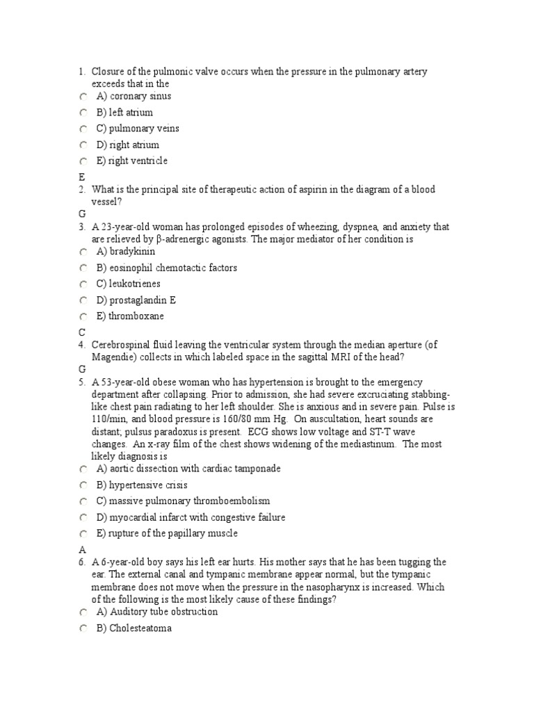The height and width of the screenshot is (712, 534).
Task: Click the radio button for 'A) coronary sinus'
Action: point(83,97)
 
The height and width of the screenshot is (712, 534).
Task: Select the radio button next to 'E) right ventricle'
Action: point(83,161)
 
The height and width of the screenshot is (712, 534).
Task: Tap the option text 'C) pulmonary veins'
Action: point(137,129)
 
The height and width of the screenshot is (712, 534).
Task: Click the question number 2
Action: point(81,190)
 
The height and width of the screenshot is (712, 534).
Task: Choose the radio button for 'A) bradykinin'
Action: point(83,252)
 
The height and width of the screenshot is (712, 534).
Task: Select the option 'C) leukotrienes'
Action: point(128,284)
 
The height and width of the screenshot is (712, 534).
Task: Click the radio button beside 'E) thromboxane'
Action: point(83,316)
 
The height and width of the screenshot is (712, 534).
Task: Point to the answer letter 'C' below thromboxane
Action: point(82,332)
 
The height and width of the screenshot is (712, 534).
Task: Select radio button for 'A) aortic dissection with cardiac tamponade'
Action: point(83,469)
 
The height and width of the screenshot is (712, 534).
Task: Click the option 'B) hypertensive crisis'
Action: point(142,485)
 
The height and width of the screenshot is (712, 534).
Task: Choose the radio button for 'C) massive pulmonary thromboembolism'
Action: point(83,501)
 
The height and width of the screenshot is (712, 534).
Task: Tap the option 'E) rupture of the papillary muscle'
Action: point(167,533)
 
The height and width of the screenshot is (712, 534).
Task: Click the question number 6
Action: point(81,562)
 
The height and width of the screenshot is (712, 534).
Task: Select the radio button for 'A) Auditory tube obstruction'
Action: point(83,612)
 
